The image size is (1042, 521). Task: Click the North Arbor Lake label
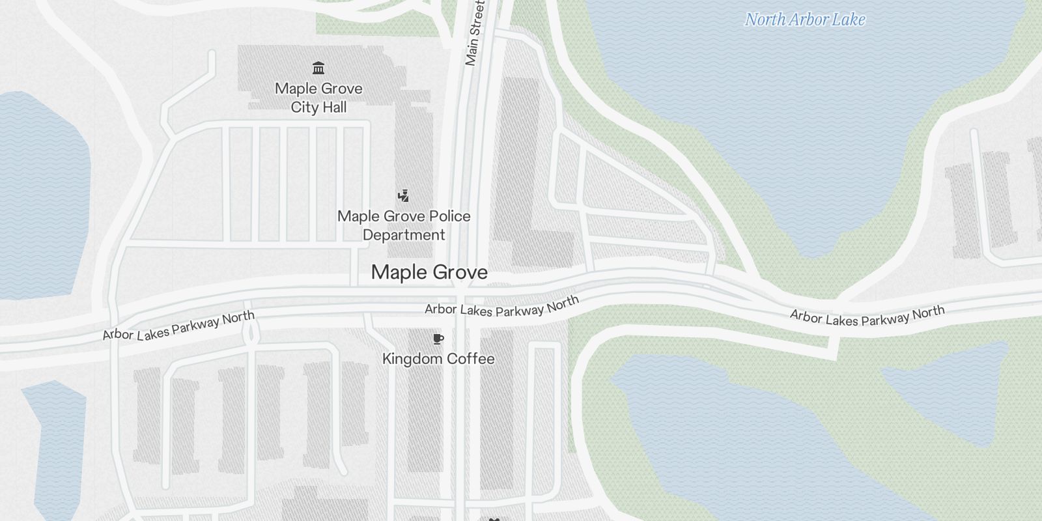point(805,20)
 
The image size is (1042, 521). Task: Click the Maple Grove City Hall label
point(318,98)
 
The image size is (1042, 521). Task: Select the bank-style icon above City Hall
point(318,68)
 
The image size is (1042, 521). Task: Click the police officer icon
point(404,195)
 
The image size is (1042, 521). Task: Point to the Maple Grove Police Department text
point(404,225)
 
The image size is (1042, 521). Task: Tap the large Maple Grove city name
point(429,272)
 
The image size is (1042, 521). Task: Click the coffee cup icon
point(438,339)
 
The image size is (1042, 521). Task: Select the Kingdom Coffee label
point(438,359)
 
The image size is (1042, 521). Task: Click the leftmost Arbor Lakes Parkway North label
point(178,326)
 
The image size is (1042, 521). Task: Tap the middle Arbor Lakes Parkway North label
point(501,306)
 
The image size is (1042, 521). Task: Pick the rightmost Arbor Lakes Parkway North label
point(867,316)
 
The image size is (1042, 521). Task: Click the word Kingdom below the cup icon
point(410,359)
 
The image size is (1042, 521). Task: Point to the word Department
point(404,235)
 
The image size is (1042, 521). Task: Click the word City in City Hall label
point(303,107)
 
